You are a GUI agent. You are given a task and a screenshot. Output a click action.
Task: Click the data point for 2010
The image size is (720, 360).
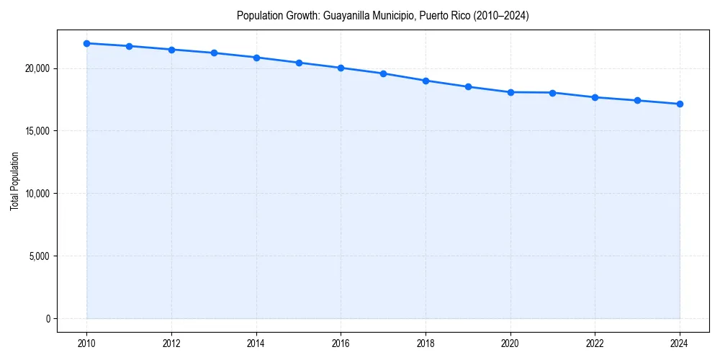86,43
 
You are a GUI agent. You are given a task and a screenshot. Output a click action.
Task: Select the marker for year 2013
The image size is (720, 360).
214,53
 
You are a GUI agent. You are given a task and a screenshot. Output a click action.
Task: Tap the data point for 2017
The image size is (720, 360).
383,73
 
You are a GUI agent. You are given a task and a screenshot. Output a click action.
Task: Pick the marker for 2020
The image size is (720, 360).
510,92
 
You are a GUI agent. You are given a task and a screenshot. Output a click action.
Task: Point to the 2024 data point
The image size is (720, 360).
680,104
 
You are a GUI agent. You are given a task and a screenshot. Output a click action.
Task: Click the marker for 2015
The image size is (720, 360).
299,63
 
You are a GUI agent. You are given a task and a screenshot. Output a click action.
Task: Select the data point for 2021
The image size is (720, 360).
552,93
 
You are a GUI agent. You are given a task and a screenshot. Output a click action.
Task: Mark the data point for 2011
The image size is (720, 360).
129,46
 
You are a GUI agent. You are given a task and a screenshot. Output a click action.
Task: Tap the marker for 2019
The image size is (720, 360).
468,86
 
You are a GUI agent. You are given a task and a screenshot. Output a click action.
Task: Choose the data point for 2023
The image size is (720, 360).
637,100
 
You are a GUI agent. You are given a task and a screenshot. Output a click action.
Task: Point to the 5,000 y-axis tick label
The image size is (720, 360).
40,256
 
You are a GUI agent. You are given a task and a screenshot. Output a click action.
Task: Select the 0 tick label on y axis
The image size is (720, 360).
47,318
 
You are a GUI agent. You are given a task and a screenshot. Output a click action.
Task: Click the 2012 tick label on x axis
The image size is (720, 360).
171,343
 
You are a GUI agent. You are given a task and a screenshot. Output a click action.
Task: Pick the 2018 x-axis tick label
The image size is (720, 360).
426,343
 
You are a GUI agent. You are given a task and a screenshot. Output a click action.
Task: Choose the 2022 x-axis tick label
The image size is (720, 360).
595,343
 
